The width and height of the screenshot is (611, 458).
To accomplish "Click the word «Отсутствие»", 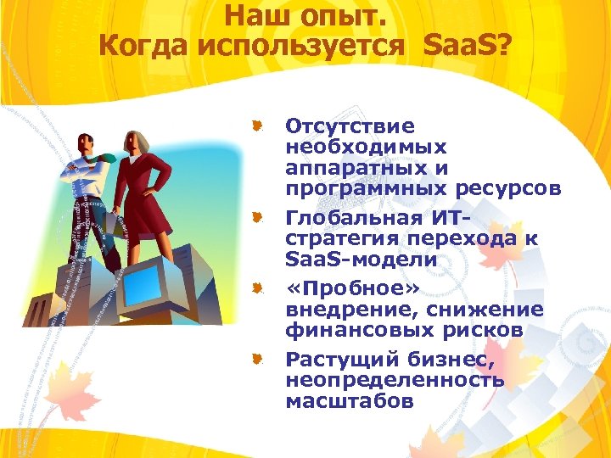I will pyautogui.click(x=350, y=126).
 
